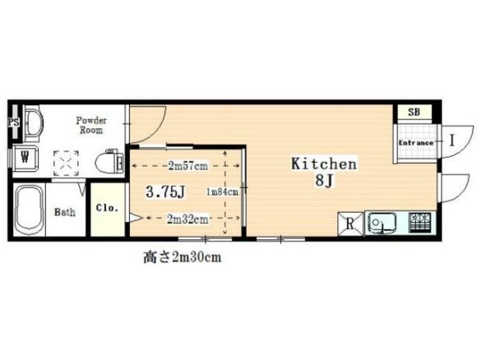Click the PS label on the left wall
tap(13, 122)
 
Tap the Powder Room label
tap(91, 125)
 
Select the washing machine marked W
tap(25, 158)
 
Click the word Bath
tap(65, 211)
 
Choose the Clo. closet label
tap(107, 208)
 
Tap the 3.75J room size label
tap(165, 192)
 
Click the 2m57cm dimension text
tap(188, 166)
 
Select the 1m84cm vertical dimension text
tap(222, 192)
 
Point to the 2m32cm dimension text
tap(187, 219)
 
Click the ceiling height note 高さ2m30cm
tap(183, 257)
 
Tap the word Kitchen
tap(324, 164)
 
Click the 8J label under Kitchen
tap(325, 181)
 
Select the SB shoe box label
tap(414, 113)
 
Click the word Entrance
tap(416, 143)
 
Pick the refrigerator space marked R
tap(350, 224)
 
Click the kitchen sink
tap(382, 222)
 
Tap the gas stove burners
tap(420, 222)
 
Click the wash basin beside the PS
tap(33, 122)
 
